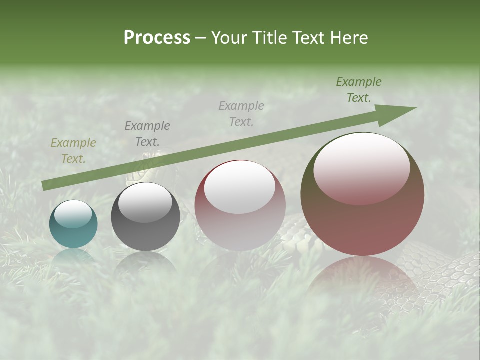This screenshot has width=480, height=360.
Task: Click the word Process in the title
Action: coord(157,38)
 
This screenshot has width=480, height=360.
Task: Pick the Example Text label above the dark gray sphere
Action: coord(147,133)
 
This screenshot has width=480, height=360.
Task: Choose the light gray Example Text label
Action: coord(241,113)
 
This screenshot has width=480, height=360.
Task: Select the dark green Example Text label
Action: coord(359,90)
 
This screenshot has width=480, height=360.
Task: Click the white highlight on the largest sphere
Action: coord(361,167)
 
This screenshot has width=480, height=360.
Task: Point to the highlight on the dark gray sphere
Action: coord(145,202)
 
